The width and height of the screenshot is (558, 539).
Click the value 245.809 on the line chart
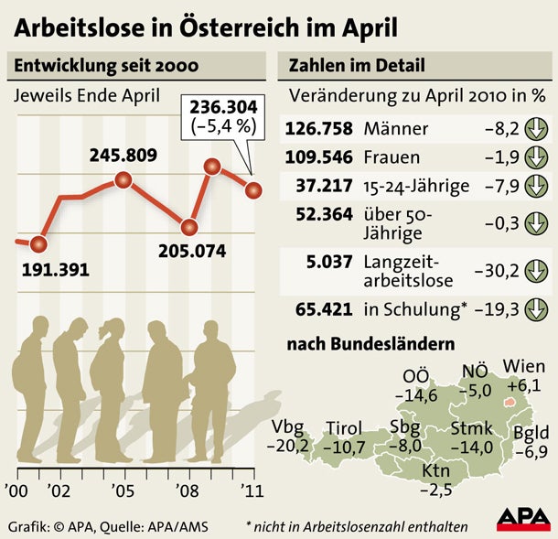(129, 156)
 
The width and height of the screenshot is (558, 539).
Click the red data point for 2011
(253, 189)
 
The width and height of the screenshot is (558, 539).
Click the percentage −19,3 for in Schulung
(499, 309)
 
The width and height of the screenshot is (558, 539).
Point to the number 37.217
(326, 186)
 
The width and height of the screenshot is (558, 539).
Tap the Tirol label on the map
(344, 428)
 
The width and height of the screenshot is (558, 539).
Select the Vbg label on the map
(292, 428)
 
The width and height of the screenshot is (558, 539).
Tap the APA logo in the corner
(522, 519)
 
